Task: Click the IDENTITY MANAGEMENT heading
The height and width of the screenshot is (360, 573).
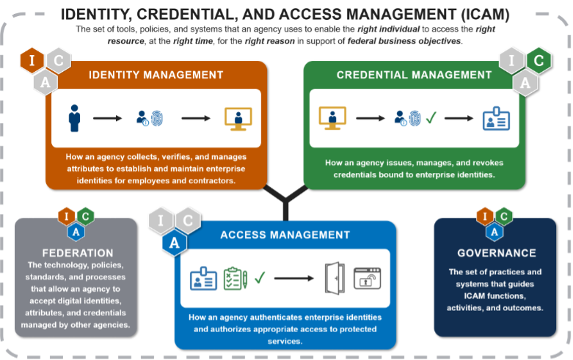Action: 156,75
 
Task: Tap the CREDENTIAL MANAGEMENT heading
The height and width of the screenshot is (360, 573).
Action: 414,75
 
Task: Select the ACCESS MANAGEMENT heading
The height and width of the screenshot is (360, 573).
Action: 285,235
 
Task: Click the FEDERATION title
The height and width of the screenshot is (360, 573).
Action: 78,253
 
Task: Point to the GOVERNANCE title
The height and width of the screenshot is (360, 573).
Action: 497,253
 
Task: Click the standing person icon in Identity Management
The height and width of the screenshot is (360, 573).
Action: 75,118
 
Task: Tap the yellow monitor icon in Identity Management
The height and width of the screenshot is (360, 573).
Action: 238,119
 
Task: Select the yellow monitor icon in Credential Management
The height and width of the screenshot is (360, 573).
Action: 332,118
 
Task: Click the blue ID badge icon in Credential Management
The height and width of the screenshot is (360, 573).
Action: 496,119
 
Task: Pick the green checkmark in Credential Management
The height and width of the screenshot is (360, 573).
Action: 431,117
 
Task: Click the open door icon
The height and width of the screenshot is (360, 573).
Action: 335,278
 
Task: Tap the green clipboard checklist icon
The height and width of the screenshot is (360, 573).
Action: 236,279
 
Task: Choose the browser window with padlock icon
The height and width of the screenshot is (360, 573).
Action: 368,279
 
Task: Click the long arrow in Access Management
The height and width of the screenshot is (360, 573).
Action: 293,278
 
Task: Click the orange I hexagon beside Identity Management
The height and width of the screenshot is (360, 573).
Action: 32,60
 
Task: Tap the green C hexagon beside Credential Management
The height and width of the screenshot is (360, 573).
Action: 539,61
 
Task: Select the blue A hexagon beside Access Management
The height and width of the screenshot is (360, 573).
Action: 175,243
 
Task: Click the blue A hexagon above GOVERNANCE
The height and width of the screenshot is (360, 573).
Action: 494,232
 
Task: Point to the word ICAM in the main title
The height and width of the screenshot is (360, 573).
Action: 485,14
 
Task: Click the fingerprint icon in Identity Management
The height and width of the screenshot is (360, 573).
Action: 157,118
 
